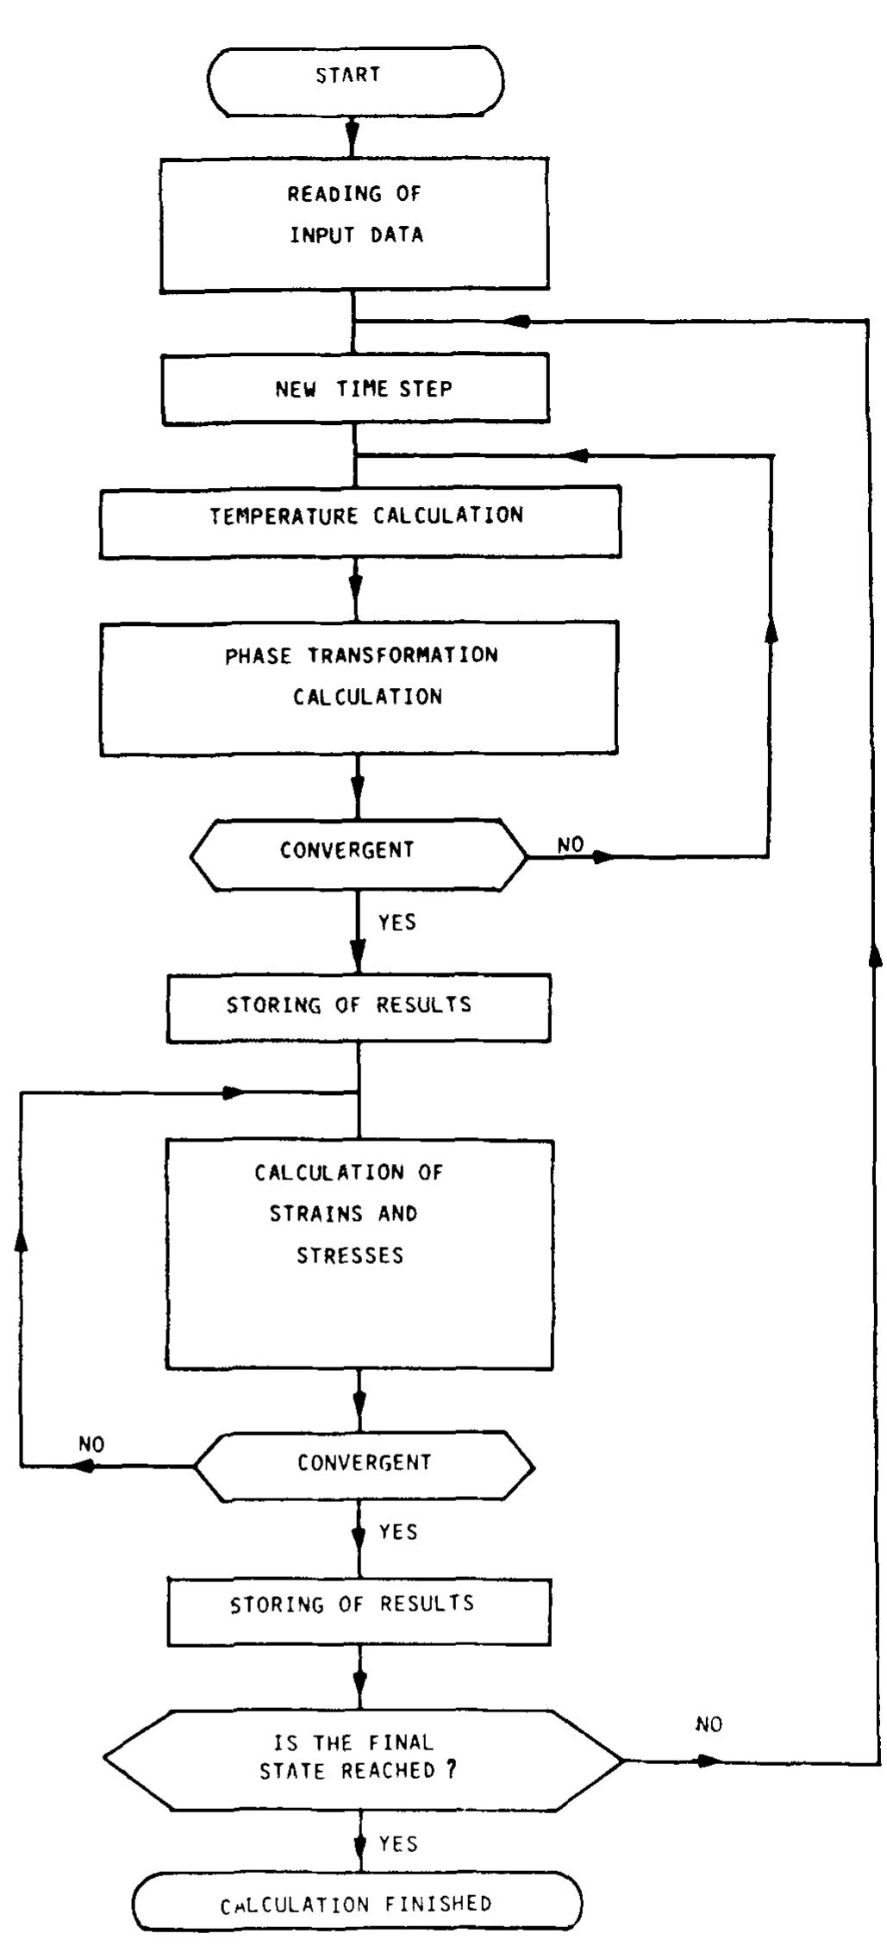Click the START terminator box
click(354, 79)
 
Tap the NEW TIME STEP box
click(355, 388)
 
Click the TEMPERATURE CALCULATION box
click(360, 521)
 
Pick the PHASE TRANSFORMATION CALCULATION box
click(359, 687)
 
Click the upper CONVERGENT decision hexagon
click(357, 854)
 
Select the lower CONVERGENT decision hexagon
click(363, 1466)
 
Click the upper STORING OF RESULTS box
click(359, 1007)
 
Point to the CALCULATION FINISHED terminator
click(357, 1902)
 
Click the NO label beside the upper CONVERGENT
click(571, 845)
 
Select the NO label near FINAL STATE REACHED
click(709, 1724)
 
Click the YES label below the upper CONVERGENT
click(397, 923)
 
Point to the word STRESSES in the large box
click(350, 1255)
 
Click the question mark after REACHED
click(450, 1769)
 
